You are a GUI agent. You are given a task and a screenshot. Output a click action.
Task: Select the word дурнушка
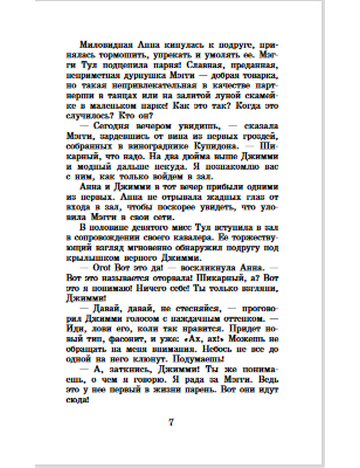coord(150,76)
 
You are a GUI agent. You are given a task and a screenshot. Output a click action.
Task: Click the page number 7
coord(171,422)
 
